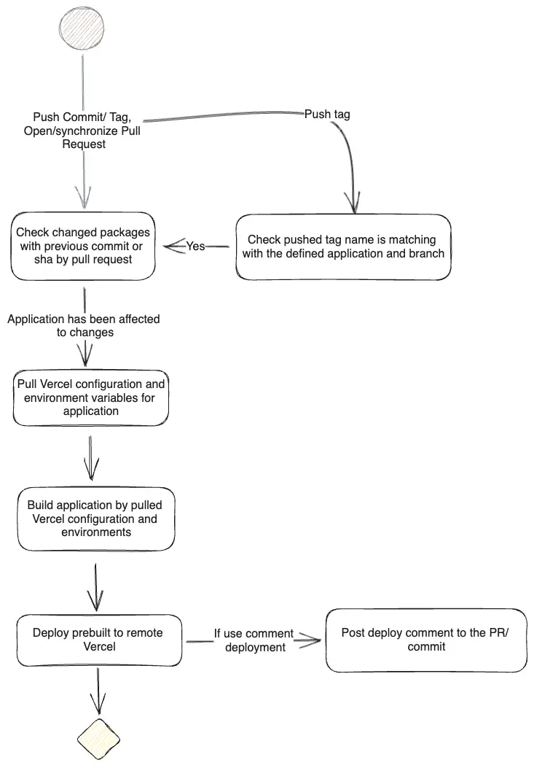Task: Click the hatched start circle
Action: (82, 28)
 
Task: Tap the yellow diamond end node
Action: (99, 739)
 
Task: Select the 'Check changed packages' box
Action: (83, 246)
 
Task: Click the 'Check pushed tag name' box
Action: (343, 247)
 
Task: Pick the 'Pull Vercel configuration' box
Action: (91, 397)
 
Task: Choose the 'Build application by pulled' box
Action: (96, 519)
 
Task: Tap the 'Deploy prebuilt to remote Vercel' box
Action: (99, 640)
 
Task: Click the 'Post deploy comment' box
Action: (426, 640)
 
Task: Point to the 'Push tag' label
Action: (327, 114)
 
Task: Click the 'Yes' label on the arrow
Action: (195, 246)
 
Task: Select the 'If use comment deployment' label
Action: (254, 640)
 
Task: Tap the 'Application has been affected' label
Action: (84, 326)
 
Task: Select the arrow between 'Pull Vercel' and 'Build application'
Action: (91, 458)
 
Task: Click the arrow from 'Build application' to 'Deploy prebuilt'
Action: (96, 587)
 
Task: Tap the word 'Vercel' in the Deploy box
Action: (99, 646)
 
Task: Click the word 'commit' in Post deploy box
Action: (426, 646)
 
